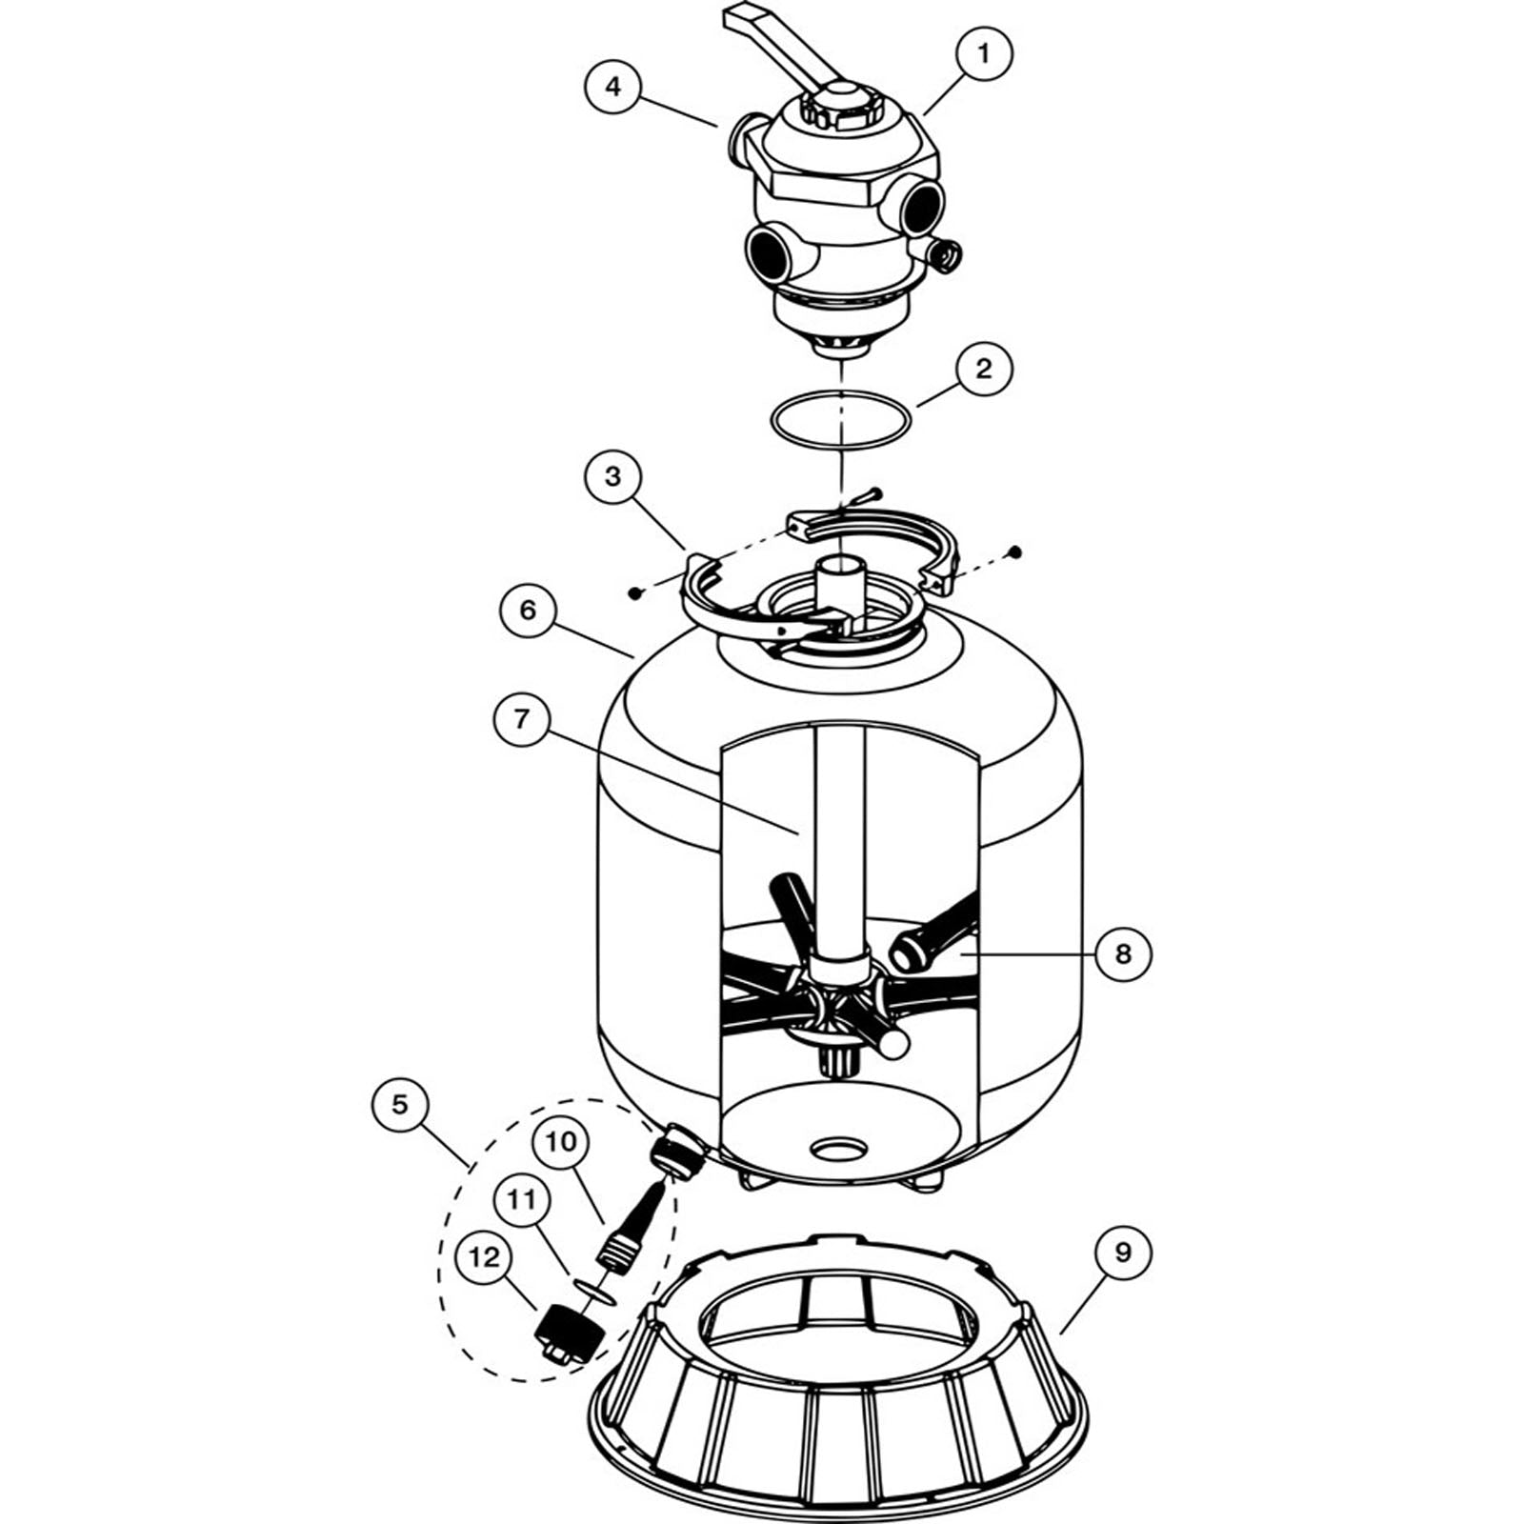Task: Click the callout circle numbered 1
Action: tap(984, 55)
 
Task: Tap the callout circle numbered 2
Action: tap(984, 369)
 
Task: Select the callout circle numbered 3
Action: tap(612, 476)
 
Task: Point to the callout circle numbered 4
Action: tap(612, 87)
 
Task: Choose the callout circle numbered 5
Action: tap(399, 1104)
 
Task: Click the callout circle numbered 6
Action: tap(529, 610)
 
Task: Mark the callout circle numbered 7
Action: tap(522, 718)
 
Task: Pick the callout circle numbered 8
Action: tap(1123, 952)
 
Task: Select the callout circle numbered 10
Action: tap(561, 1141)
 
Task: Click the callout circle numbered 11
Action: tap(521, 1199)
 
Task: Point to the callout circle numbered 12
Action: tap(484, 1257)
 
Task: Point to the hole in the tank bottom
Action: tap(838, 1150)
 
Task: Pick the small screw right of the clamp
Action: tap(1015, 551)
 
